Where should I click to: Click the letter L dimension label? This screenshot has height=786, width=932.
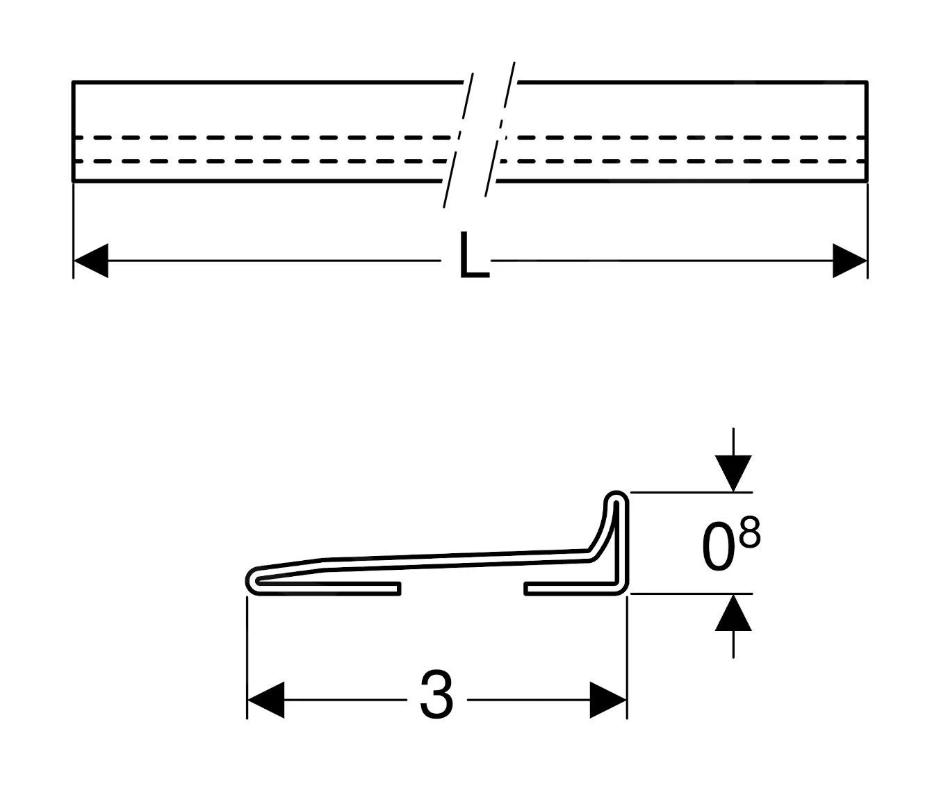pyautogui.click(x=473, y=256)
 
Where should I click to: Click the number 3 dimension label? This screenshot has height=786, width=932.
pyautogui.click(x=436, y=694)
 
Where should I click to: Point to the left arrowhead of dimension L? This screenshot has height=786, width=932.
pyautogui.click(x=90, y=261)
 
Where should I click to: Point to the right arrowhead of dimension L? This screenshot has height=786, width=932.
pyautogui.click(x=850, y=261)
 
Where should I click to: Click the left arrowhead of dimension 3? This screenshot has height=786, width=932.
pyautogui.click(x=265, y=699)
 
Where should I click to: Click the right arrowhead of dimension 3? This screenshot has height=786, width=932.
pyautogui.click(x=608, y=699)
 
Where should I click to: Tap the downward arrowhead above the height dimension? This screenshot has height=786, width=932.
pyautogui.click(x=733, y=473)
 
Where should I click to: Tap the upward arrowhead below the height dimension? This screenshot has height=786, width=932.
pyautogui.click(x=733, y=613)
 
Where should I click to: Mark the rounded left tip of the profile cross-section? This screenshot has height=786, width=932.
pyautogui.click(x=251, y=580)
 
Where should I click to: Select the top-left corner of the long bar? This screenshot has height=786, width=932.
pyautogui.click(x=73, y=83)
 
